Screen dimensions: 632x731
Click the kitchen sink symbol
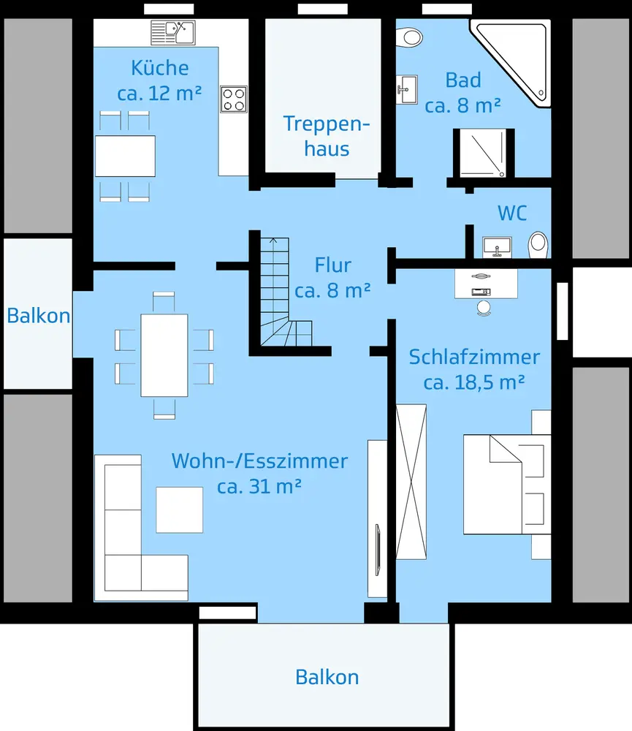tap(173, 33)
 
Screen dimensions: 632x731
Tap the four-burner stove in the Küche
tap(234, 99)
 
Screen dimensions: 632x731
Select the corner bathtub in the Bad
tap(512, 62)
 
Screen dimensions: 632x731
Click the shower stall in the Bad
tap(484, 153)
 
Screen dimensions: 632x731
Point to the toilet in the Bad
tap(409, 37)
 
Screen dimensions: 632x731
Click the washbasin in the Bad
tap(407, 89)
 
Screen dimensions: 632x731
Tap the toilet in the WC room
tap(538, 245)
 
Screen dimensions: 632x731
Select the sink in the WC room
tap(498, 247)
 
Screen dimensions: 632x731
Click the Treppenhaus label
tap(327, 136)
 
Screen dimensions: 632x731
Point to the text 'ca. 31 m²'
tap(259, 486)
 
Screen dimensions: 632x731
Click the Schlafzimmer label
tap(474, 357)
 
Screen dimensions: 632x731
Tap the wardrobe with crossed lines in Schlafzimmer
tap(411, 482)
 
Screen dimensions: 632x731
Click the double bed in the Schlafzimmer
tap(507, 485)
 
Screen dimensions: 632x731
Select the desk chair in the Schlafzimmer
tap(484, 308)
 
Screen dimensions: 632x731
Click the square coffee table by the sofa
tap(180, 510)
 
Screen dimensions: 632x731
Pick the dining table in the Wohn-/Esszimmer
tap(164, 355)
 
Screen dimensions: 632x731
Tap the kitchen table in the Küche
tap(125, 156)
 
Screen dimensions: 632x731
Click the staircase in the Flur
tap(282, 292)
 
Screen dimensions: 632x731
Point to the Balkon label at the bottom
tap(327, 677)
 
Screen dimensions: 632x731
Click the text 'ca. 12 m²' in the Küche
tap(159, 94)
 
